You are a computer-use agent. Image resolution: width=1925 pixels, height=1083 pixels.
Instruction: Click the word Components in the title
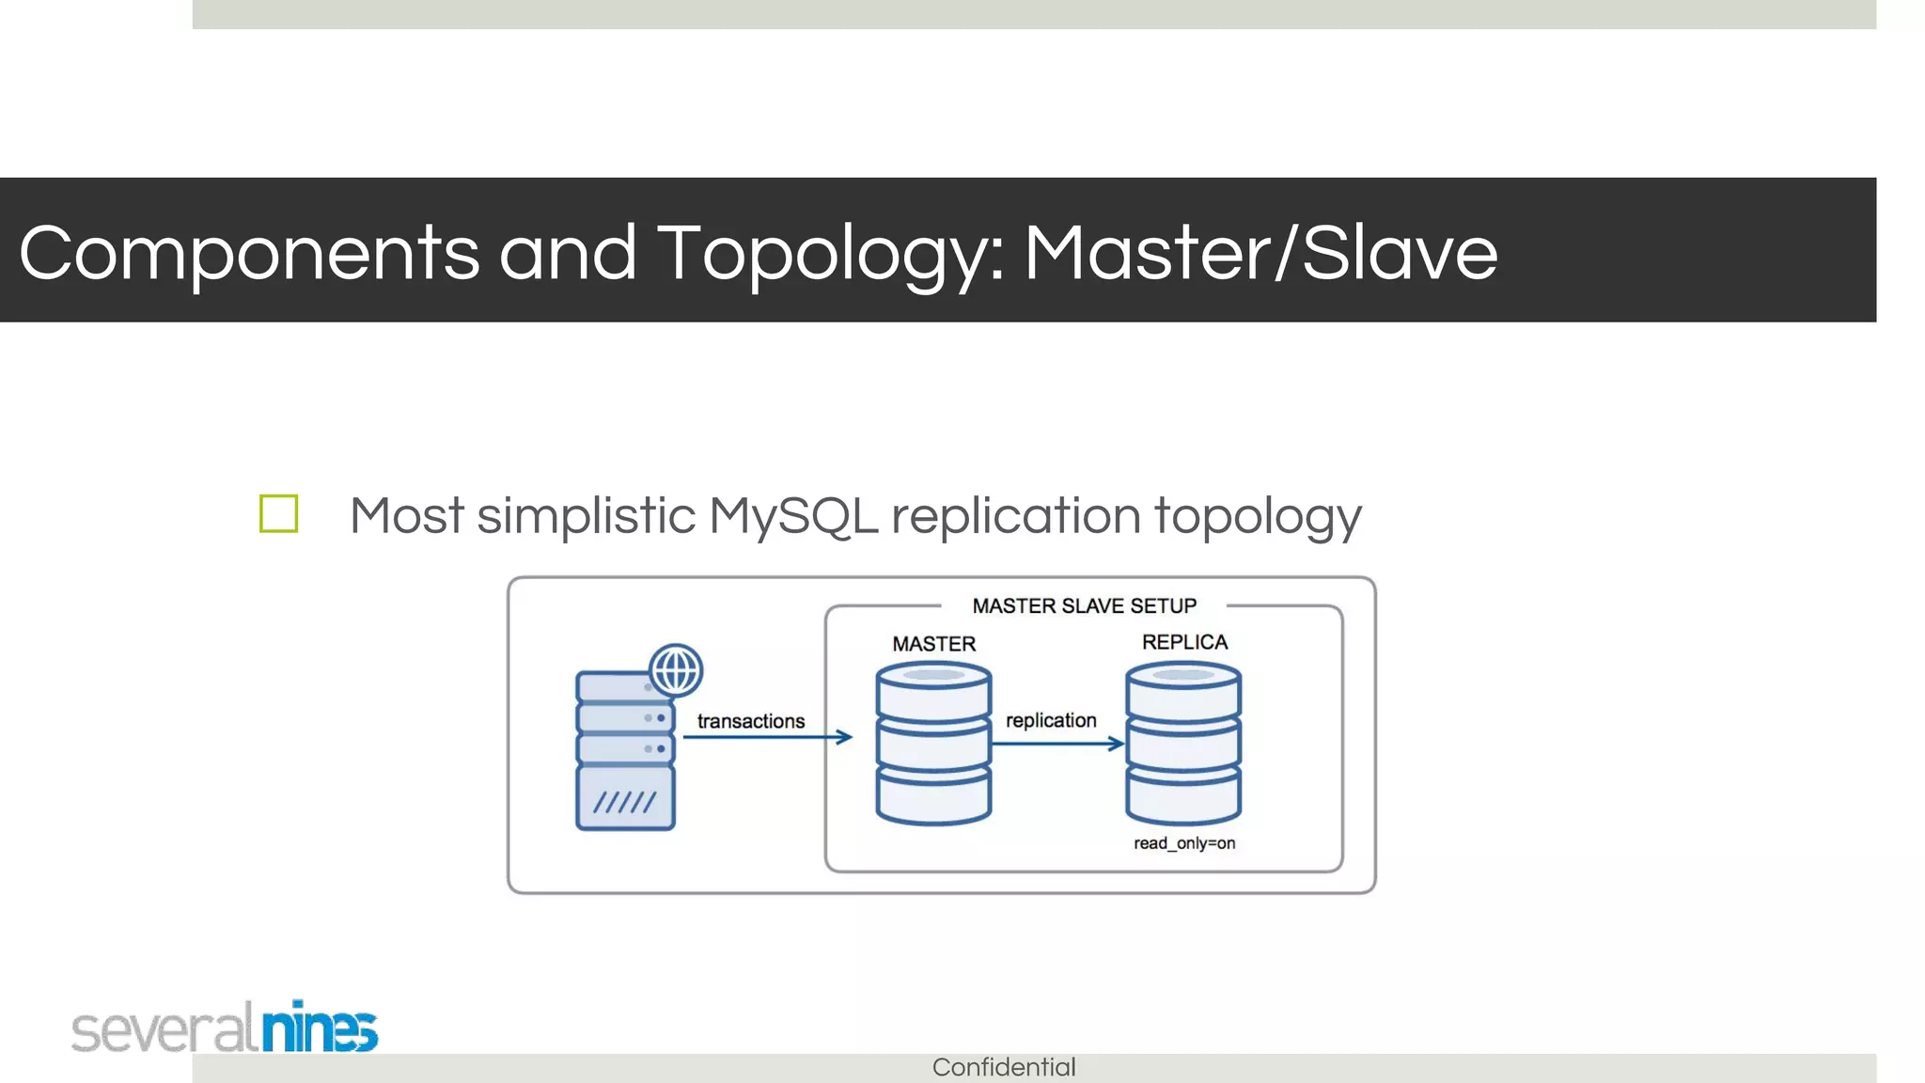(248, 254)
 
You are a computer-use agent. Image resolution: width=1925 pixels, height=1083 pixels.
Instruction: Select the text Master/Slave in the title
(1260, 254)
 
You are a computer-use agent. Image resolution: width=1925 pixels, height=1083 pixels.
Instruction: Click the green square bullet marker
(278, 514)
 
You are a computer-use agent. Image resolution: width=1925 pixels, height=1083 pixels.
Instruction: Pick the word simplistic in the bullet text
(586, 516)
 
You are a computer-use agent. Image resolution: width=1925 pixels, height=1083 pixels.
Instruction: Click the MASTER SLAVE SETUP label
(1084, 606)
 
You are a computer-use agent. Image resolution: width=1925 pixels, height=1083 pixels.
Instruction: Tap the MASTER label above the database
(933, 644)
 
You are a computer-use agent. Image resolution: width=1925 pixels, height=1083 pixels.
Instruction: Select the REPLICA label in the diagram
(1184, 642)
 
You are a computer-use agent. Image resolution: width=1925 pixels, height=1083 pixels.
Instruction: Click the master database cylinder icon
(933, 744)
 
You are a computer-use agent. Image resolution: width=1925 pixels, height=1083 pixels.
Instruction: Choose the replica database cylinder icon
(1183, 744)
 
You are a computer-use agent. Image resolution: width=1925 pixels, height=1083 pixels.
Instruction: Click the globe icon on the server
(676, 670)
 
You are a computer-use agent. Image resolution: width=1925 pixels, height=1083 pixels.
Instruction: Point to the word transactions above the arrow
(751, 721)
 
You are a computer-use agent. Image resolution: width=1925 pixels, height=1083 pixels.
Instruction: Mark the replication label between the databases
(1051, 720)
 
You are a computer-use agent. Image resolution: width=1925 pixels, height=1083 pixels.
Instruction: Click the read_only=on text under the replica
(1184, 843)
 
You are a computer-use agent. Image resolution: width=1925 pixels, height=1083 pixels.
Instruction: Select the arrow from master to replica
(1056, 744)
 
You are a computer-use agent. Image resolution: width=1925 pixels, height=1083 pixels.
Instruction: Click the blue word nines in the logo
(320, 1028)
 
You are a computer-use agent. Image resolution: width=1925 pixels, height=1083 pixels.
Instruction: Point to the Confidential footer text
(1004, 1067)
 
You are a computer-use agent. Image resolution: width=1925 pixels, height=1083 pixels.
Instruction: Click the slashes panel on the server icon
(625, 800)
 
